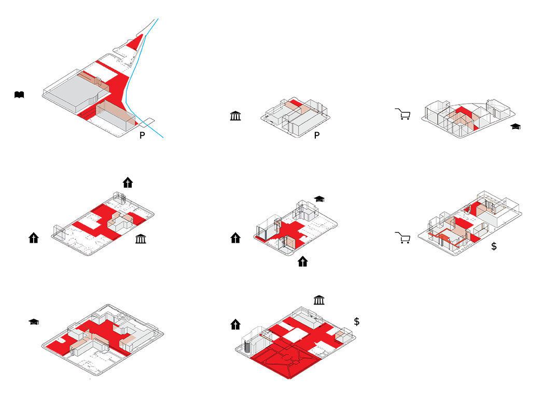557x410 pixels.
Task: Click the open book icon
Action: [x=19, y=95]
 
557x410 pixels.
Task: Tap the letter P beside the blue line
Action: [x=142, y=136]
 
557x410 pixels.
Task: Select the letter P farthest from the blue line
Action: [x=316, y=136]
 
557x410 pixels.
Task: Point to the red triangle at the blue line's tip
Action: [x=137, y=41]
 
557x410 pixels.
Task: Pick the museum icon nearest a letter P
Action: [x=235, y=115]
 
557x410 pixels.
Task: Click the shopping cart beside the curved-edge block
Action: [x=402, y=113]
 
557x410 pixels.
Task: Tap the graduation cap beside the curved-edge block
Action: [x=515, y=126]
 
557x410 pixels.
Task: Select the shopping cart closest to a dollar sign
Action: [x=402, y=238]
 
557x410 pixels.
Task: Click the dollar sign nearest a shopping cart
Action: [x=494, y=246]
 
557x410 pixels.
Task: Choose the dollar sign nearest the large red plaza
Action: [x=357, y=321]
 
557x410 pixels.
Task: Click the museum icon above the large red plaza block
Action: [x=319, y=301]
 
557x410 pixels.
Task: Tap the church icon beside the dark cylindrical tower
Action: [x=235, y=325]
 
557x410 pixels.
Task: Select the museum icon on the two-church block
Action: [x=140, y=239]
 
